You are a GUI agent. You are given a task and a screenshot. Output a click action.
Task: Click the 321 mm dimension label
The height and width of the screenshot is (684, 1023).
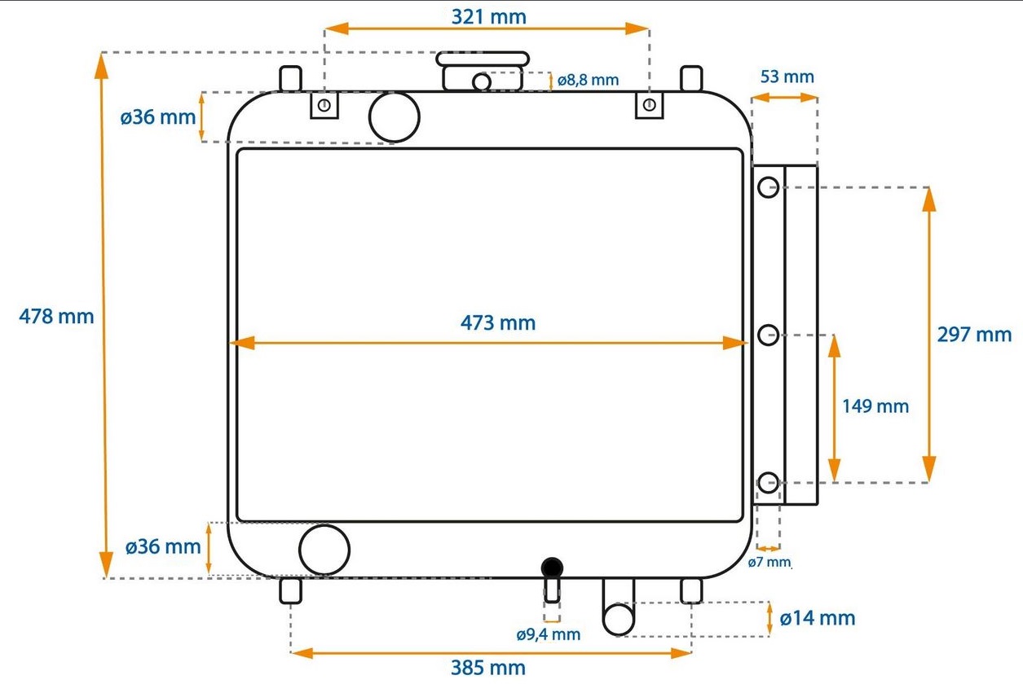[488, 17]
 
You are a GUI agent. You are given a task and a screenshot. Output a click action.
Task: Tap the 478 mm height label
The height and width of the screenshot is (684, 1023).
[56, 316]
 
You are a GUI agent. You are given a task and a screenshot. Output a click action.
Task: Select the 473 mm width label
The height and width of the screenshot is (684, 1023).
[498, 323]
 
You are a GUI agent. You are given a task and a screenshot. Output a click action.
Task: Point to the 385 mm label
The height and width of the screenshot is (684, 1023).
[488, 668]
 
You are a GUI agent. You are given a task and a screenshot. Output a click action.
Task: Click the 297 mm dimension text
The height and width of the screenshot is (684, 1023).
[974, 335]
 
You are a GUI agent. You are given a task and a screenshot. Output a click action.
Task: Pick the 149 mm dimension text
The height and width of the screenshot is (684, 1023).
[875, 406]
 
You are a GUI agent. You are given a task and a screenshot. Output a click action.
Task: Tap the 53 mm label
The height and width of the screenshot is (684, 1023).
[787, 77]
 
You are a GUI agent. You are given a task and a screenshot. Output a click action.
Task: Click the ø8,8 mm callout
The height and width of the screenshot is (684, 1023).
[589, 81]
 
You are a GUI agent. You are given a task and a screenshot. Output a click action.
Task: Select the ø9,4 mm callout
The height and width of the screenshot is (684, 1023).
[549, 634]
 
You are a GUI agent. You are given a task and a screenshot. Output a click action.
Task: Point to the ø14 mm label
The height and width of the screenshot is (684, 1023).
[818, 618]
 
